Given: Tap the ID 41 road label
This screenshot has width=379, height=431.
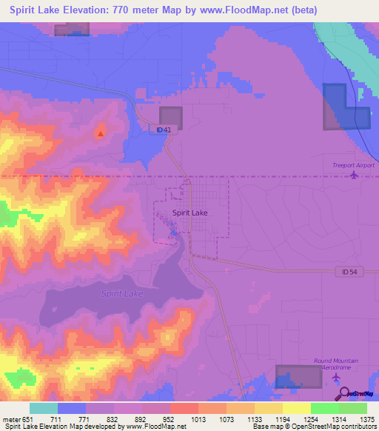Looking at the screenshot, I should pos(164,130).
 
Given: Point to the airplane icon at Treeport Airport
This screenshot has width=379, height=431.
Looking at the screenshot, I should pos(353,176).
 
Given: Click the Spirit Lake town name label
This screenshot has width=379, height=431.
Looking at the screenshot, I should pos(189,213).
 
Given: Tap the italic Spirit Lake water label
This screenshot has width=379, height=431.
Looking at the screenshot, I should pos(122,294).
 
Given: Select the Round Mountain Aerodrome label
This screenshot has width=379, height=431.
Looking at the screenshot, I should pos(336,364).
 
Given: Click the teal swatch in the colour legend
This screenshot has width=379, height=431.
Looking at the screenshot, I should pos(43,408).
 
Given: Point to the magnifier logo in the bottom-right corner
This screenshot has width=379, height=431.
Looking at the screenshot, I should pos(346,393).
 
